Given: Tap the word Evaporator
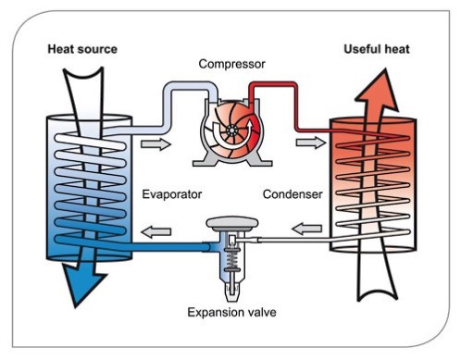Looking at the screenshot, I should coord(173,195).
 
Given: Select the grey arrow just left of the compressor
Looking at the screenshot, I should coord(163,144).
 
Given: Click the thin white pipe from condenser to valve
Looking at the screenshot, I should coord(296,240).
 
